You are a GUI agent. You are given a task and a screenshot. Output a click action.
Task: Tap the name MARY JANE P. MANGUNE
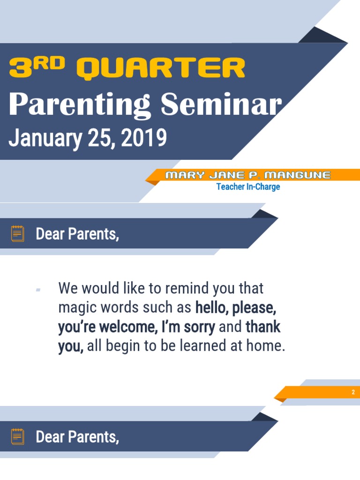coord(248,175)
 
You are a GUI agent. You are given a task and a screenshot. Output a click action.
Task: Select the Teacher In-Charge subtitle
coord(248,187)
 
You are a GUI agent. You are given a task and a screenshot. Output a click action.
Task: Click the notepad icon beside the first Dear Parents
coord(18,233)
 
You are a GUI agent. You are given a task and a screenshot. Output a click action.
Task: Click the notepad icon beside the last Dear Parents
coord(18,436)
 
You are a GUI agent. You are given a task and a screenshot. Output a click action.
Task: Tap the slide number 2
coord(353,392)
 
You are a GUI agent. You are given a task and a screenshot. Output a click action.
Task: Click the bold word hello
coord(211,308)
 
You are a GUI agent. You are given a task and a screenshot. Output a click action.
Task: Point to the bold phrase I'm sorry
coord(188,327)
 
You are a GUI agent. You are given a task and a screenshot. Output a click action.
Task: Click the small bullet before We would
coord(38,290)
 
